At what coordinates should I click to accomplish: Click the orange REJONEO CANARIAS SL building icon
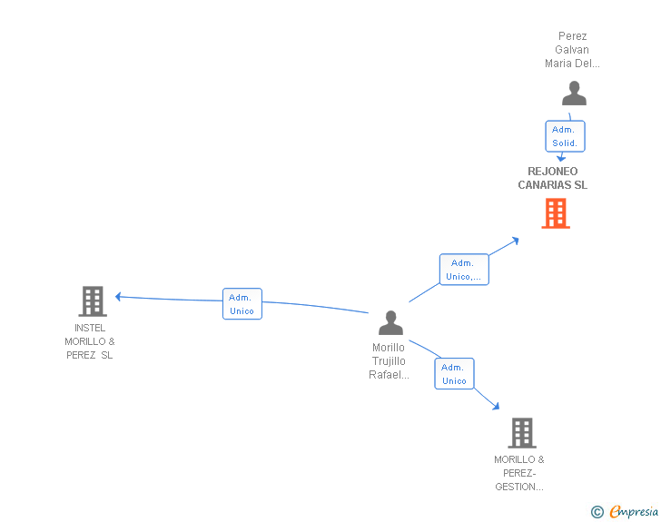point(556,213)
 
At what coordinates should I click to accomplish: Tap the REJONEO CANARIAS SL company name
point(553,178)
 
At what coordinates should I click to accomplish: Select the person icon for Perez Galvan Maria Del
point(574,94)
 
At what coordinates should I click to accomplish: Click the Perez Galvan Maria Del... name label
point(573,50)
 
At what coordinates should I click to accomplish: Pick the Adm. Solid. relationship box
point(565,136)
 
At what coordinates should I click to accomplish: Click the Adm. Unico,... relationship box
point(464,270)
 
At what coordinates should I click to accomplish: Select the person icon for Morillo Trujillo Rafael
point(390,322)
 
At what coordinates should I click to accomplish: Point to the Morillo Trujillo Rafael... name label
point(390,361)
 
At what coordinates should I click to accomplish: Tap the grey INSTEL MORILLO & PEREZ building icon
point(93,300)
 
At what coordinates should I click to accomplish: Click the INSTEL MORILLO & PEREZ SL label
point(90,341)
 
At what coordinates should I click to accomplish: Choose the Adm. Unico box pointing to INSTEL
point(242,304)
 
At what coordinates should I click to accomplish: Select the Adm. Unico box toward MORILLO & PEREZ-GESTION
point(454,374)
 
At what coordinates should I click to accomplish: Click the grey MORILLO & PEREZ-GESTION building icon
point(521,432)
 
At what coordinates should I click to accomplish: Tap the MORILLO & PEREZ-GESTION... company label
point(519,473)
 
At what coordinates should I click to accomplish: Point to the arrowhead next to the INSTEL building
point(118,296)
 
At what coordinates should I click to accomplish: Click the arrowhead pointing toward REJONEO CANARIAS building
point(515,241)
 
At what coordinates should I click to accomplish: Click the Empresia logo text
point(634,512)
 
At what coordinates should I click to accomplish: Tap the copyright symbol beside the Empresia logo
point(597,513)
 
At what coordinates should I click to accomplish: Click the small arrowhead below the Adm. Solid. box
point(561,158)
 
